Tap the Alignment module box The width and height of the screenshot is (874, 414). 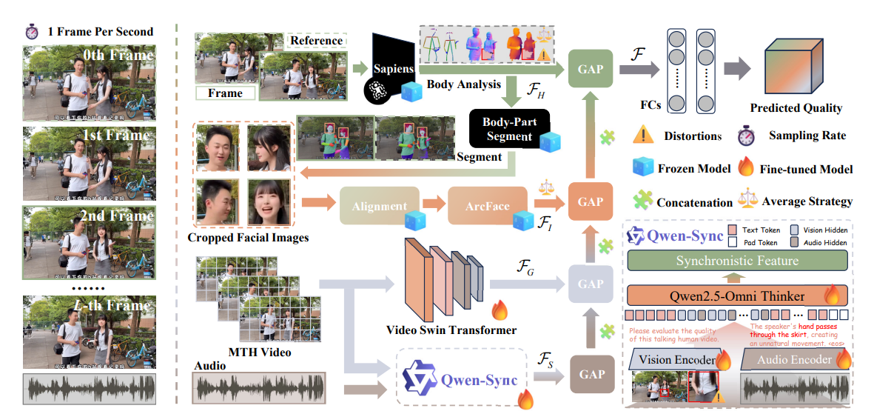pyautogui.click(x=379, y=207)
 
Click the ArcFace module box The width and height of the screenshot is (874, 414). pyautogui.click(x=487, y=206)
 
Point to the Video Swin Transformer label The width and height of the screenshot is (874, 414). pyautogui.click(x=440, y=329)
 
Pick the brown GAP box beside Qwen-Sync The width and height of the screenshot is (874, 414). pyautogui.click(x=592, y=374)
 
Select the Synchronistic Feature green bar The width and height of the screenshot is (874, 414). pyautogui.click(x=736, y=261)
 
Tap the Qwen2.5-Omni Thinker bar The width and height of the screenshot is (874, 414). pyautogui.click(x=736, y=296)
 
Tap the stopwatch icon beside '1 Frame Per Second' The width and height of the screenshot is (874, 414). pyautogui.click(x=32, y=32)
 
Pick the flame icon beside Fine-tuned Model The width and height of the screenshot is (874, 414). pyautogui.click(x=747, y=168)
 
